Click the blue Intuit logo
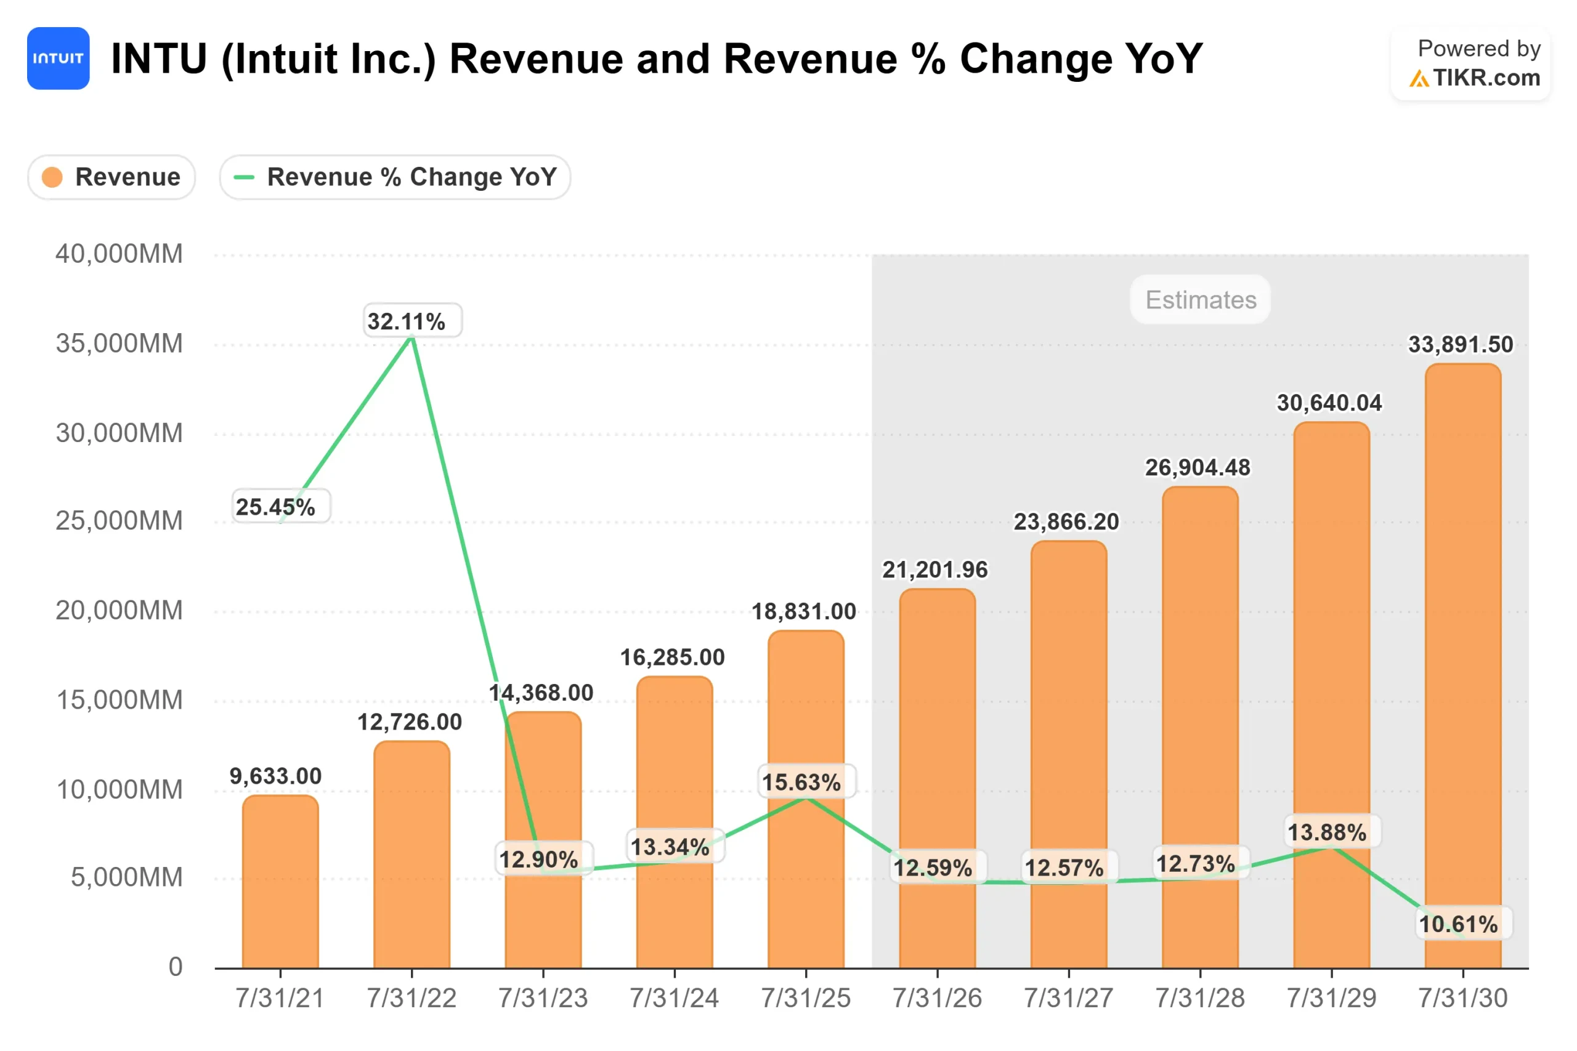pyautogui.click(x=59, y=58)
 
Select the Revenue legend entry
pyautogui.click(x=111, y=177)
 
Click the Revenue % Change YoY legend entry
pyautogui.click(x=395, y=177)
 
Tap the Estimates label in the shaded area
pyautogui.click(x=1200, y=300)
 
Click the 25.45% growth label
pyautogui.click(x=275, y=507)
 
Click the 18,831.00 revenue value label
pyautogui.click(x=803, y=611)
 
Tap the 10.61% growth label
pyautogui.click(x=1458, y=924)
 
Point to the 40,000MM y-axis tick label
pyautogui.click(x=119, y=254)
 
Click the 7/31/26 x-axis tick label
pyautogui.click(x=937, y=998)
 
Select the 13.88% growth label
pyautogui.click(x=1327, y=832)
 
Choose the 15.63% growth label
pyautogui.click(x=801, y=781)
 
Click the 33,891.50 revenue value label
pyautogui.click(x=1461, y=345)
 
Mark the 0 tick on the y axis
pyautogui.click(x=175, y=967)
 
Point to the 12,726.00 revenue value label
pyautogui.click(x=409, y=722)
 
